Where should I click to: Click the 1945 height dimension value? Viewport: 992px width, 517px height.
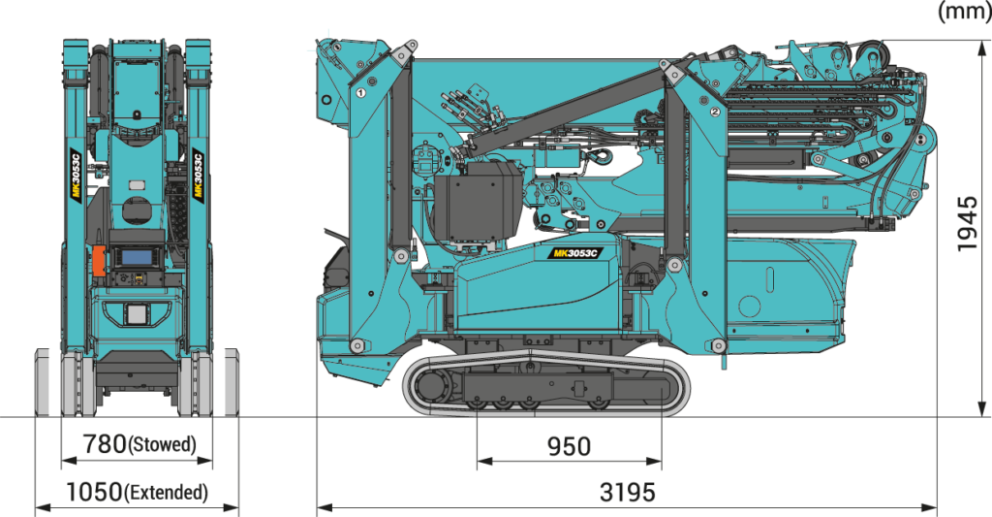coord(968,224)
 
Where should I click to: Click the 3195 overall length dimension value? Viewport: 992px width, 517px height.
coord(628,493)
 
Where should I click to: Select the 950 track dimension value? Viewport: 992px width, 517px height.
coord(569,446)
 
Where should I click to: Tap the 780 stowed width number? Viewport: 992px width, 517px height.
coord(105,444)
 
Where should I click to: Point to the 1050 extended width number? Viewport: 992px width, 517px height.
coord(94,492)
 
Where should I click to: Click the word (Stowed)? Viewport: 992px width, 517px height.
coord(162,445)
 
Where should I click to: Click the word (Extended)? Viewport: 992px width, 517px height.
coord(166,493)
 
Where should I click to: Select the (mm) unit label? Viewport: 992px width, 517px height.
coord(964,12)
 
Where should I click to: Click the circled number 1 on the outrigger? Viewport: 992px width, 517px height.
coord(360,92)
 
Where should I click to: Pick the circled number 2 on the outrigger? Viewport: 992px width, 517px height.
coord(716,112)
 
